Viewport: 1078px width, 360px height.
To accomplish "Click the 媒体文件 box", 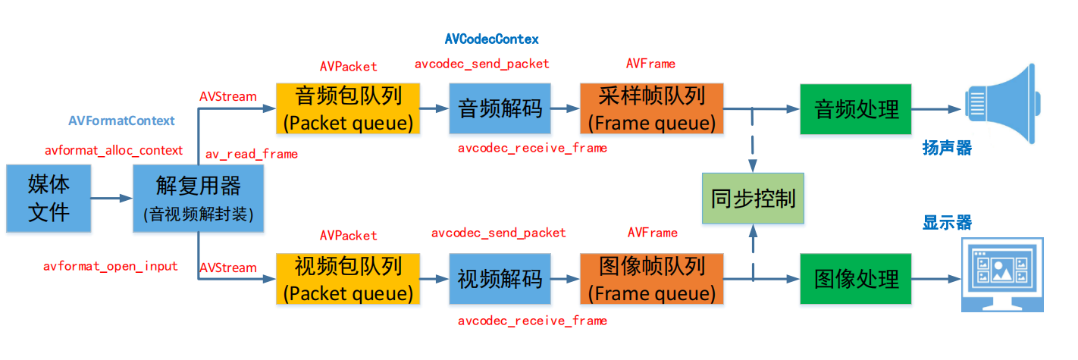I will (x=48, y=198).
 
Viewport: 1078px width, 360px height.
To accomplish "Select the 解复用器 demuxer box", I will (x=198, y=198).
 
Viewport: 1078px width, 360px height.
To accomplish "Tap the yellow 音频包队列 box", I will (x=348, y=108).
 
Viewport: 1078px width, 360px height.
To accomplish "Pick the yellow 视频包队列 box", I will (x=348, y=279).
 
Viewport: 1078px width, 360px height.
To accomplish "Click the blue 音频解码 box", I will (x=500, y=108).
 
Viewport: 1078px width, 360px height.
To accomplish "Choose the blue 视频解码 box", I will (x=500, y=279).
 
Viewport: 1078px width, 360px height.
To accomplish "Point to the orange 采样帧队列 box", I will (x=651, y=108).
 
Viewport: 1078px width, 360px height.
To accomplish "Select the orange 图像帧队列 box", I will (x=651, y=279).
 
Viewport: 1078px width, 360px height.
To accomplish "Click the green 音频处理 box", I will (x=857, y=108).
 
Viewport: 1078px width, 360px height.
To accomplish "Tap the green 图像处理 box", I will (x=857, y=279).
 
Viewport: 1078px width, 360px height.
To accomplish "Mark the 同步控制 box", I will (x=753, y=199).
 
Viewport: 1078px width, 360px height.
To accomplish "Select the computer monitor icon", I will (x=1002, y=274).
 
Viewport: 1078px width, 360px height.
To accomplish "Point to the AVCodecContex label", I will (x=491, y=39).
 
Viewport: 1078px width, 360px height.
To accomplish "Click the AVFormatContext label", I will (x=121, y=121).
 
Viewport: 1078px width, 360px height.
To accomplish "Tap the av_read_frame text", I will (x=252, y=154).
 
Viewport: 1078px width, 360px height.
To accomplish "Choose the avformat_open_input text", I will (x=111, y=266).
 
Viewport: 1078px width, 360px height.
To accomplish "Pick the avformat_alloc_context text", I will (x=113, y=150).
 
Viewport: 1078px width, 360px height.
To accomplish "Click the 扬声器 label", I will (x=947, y=147).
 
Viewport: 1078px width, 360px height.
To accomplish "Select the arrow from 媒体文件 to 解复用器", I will (x=111, y=199).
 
